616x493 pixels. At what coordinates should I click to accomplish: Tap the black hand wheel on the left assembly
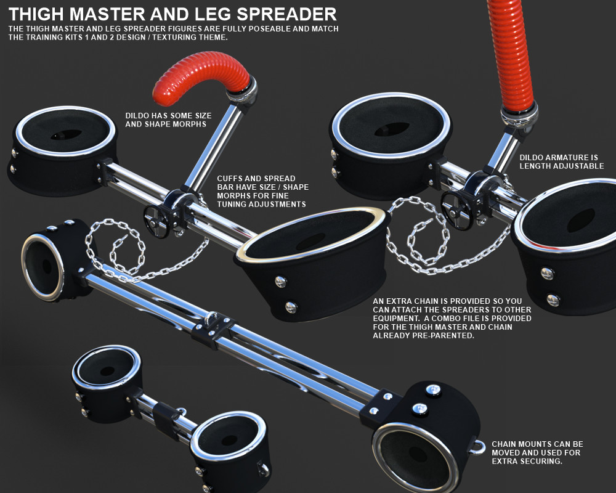[x=156, y=221]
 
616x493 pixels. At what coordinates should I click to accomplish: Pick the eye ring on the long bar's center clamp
[x=211, y=318]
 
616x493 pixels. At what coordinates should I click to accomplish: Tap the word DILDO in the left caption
[x=137, y=116]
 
